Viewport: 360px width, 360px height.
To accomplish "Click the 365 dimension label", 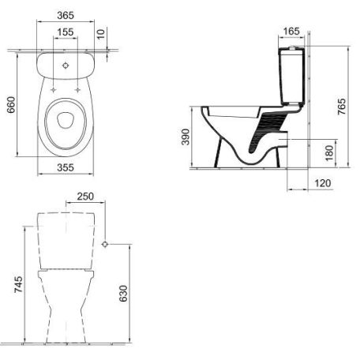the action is (x=66, y=16).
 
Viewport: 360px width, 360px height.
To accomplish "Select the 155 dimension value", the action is (x=66, y=32).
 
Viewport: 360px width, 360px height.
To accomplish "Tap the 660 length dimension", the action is (x=11, y=105).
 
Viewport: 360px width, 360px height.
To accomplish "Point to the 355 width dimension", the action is (x=66, y=167).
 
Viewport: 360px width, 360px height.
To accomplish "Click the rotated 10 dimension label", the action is (x=101, y=34).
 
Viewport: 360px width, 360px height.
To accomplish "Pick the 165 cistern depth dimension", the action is (x=291, y=32).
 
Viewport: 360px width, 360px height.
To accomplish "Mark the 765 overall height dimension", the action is (x=342, y=107).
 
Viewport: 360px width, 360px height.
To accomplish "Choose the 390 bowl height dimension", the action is (x=186, y=137).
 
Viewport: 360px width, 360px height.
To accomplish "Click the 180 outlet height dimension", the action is (x=329, y=153).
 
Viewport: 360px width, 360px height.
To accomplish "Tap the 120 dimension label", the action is (x=323, y=183).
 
